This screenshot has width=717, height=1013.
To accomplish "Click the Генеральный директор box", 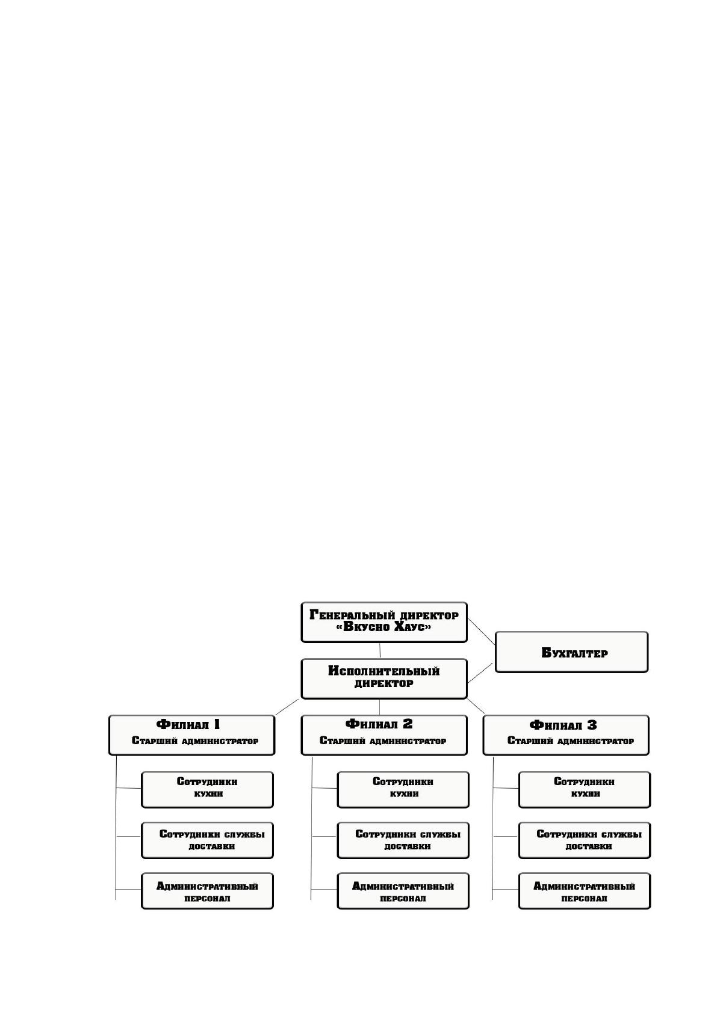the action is pyautogui.click(x=384, y=622).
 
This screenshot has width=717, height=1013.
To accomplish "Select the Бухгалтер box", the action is pyautogui.click(x=571, y=652).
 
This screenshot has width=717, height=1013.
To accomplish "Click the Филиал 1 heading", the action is pyautogui.click(x=188, y=724).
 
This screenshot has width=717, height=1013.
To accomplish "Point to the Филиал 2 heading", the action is pyautogui.click(x=379, y=724).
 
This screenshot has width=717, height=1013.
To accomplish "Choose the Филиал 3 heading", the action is pyautogui.click(x=563, y=725).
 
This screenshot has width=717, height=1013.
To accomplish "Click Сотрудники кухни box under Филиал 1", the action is pyautogui.click(x=207, y=790).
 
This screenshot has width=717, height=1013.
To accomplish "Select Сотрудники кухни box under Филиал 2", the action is pyautogui.click(x=403, y=790).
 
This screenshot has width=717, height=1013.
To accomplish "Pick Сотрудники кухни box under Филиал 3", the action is pyautogui.click(x=585, y=790).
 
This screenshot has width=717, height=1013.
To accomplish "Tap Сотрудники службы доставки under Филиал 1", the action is pyautogui.click(x=207, y=840).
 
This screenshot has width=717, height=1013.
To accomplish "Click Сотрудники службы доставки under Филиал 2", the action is pyautogui.click(x=403, y=840).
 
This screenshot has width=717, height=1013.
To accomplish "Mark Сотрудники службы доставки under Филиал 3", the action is pyautogui.click(x=585, y=840).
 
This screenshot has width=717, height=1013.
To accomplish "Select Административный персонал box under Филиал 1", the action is pyautogui.click(x=207, y=891).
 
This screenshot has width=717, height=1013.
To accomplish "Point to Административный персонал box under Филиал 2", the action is pyautogui.click(x=403, y=891).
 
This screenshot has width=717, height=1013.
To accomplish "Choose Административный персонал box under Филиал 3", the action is pyautogui.click(x=585, y=891).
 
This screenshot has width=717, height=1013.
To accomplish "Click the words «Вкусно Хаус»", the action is pyautogui.click(x=384, y=627).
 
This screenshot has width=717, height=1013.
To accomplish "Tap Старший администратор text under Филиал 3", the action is pyautogui.click(x=570, y=741).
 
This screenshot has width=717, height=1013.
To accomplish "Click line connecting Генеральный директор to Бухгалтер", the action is pyautogui.click(x=482, y=632).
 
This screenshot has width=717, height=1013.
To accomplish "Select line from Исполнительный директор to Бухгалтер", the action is pyautogui.click(x=480, y=673).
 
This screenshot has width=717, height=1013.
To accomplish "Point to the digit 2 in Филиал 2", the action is pyautogui.click(x=408, y=724).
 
